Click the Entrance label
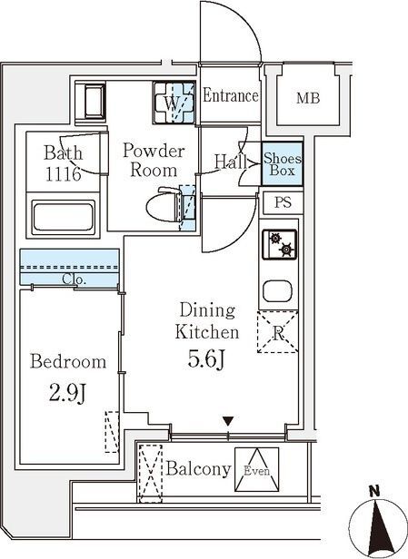231,95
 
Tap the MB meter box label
308,98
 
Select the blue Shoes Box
282,163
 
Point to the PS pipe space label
283,202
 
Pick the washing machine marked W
174,103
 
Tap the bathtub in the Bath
64,217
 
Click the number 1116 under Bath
64,174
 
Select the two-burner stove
280,244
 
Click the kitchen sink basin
277,290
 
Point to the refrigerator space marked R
278,332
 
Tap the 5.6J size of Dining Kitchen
206,359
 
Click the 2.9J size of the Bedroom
67,394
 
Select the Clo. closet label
75,279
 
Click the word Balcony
198,469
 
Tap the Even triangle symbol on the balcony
256,469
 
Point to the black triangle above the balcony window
228,421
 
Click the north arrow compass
377,528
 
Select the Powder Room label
154,161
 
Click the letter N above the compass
374,492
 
